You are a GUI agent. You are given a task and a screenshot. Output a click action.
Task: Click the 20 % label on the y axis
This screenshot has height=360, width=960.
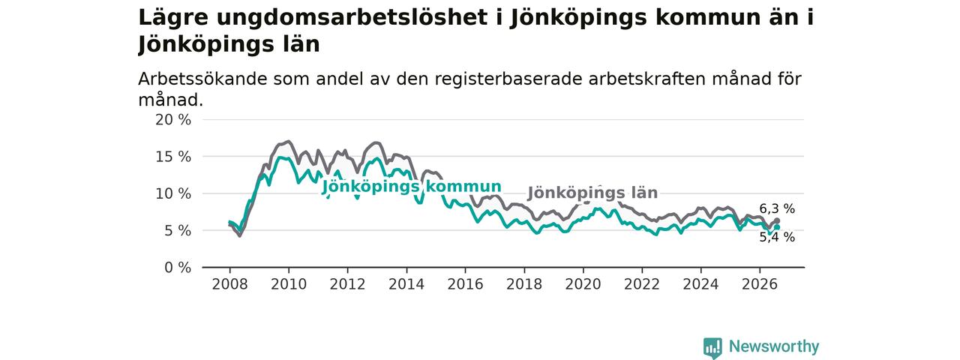pyautogui.click(x=173, y=120)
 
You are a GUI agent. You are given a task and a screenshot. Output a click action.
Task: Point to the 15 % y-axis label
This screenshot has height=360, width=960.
pyautogui.click(x=173, y=157)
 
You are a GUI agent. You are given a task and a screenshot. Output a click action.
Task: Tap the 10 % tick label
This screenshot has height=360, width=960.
pyautogui.click(x=173, y=193)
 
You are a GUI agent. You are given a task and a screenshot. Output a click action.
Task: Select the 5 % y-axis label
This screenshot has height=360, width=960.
pyautogui.click(x=178, y=230)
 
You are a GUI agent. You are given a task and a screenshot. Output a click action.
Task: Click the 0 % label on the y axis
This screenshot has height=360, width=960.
pyautogui.click(x=178, y=268)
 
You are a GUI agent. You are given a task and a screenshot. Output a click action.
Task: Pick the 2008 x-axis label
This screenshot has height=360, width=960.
pyautogui.click(x=229, y=284)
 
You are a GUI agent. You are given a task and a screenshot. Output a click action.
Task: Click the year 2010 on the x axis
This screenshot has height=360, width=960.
pyautogui.click(x=289, y=284)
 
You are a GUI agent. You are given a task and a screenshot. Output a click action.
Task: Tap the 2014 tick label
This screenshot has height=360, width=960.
pyautogui.click(x=406, y=284)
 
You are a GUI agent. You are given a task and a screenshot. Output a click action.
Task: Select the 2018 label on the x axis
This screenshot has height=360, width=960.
pyautogui.click(x=524, y=284)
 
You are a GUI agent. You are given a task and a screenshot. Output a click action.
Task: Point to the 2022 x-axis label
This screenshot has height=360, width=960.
pyautogui.click(x=641, y=284)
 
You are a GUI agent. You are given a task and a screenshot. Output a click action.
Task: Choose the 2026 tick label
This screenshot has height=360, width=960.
pyautogui.click(x=760, y=284)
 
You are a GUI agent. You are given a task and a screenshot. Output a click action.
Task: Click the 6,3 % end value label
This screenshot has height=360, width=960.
pyautogui.click(x=777, y=208)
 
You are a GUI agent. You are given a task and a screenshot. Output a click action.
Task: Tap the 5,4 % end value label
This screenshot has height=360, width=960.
pyautogui.click(x=777, y=237)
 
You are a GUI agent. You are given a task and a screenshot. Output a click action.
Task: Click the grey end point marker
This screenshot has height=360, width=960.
pyautogui.click(x=777, y=220)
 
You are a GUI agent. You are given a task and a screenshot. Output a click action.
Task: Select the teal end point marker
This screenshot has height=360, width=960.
pyautogui.click(x=777, y=227)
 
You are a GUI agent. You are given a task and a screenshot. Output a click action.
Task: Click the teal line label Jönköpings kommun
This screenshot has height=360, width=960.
pyautogui.click(x=412, y=187)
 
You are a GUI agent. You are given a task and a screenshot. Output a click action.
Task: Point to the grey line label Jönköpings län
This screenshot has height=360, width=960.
pyautogui.click(x=592, y=193)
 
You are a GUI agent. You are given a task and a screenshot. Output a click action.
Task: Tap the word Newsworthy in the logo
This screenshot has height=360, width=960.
pyautogui.click(x=774, y=346)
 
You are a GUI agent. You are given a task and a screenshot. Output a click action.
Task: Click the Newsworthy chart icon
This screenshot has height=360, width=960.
pyautogui.click(x=712, y=348)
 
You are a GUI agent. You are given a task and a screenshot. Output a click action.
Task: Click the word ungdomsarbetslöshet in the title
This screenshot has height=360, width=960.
pyautogui.click(x=352, y=18)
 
